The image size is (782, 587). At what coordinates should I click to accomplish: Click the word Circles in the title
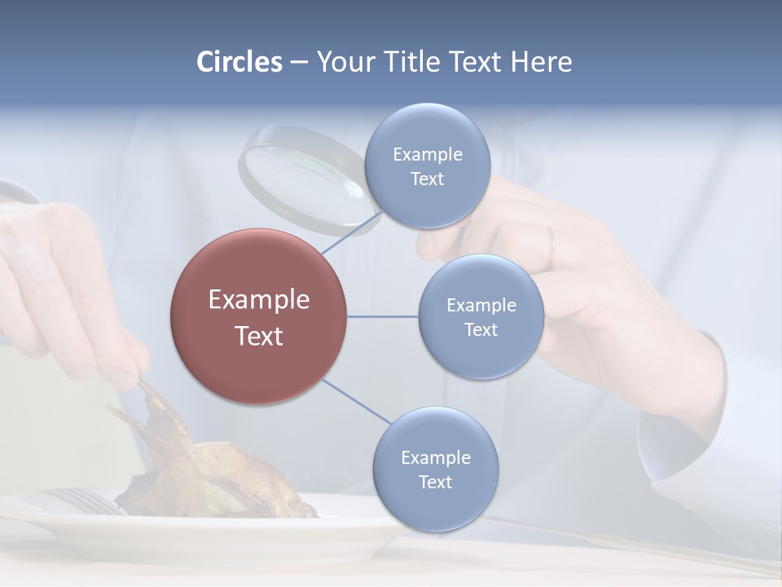[x=239, y=62]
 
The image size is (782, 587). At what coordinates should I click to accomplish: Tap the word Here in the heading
[x=542, y=62]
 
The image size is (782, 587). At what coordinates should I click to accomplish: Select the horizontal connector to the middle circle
[x=382, y=316]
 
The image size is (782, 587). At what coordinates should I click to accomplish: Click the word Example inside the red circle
[x=258, y=300]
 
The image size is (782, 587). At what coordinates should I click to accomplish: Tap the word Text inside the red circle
[x=258, y=336]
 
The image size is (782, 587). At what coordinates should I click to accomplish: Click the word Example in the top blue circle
[x=427, y=155]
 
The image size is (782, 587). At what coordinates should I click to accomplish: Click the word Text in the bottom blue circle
[x=435, y=482]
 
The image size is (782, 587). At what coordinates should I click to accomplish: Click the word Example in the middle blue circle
[x=481, y=306]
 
